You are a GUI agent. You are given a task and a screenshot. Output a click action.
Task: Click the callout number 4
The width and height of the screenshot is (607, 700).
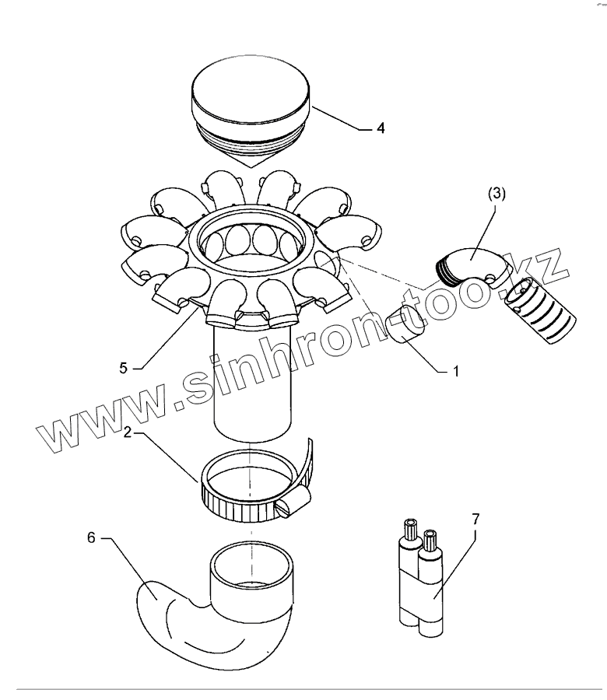pos(380,128)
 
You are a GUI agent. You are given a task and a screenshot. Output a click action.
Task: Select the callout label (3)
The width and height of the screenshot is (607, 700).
pos(497,194)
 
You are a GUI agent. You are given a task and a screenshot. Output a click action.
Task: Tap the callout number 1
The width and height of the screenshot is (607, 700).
pos(456,373)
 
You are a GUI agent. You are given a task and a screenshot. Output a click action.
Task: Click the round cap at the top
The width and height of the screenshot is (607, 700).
pos(250,93)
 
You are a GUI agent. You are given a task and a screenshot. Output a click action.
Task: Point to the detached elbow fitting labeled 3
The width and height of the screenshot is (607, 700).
pos(471,268)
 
